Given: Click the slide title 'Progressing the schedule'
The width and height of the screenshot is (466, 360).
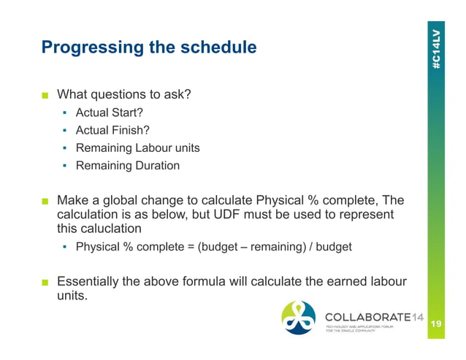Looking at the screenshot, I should pos(149,48).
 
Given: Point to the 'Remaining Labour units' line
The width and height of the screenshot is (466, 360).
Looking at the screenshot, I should pos(137,148).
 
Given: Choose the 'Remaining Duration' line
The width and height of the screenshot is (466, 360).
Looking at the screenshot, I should pos(127,165).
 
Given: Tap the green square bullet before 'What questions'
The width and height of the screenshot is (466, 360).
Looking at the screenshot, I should pos(45,95).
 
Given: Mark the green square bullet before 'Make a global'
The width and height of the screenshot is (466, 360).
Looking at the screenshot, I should pos(45,201).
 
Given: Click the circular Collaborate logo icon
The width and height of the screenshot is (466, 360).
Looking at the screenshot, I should pos(299,318).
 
